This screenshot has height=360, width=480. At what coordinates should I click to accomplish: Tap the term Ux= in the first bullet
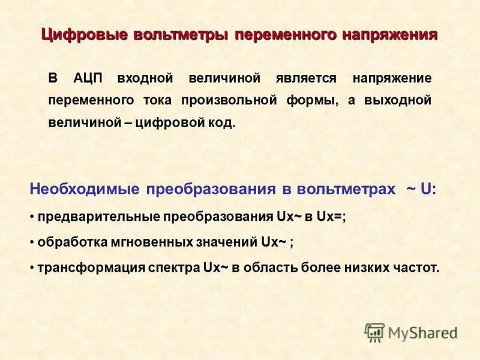click(332, 217)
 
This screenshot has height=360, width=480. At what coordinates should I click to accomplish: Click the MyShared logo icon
click(375, 332)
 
